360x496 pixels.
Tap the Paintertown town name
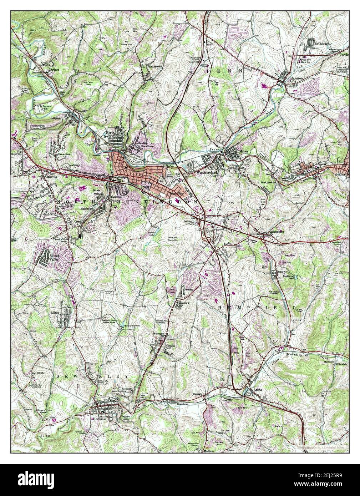coord(151,67)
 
